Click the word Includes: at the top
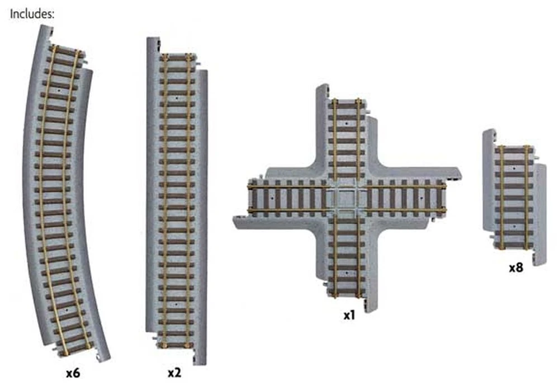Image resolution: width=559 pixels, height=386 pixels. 32,15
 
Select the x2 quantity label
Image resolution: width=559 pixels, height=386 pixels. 174,371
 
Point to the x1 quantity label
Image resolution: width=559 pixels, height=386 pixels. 349,316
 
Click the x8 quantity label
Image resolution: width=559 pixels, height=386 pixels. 515,267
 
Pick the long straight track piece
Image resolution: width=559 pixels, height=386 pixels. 177,196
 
